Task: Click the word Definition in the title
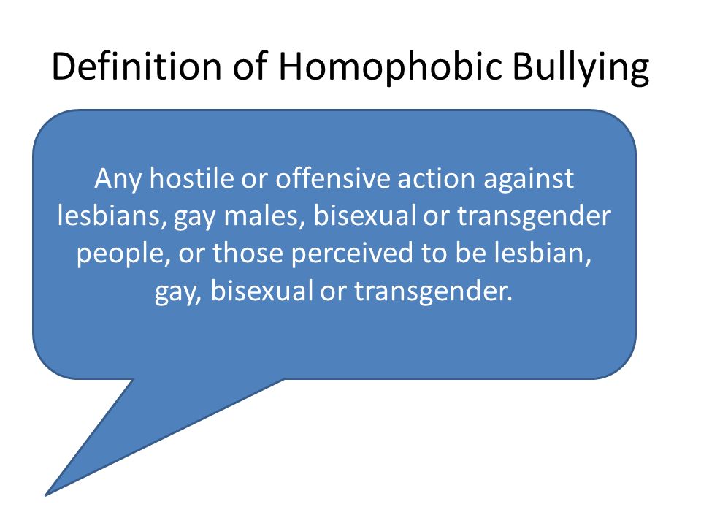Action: [137, 66]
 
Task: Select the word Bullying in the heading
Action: [581, 67]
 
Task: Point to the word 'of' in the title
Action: [250, 66]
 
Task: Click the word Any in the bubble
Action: [118, 180]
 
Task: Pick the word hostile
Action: [192, 178]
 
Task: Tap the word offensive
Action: [333, 178]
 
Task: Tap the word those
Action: [248, 254]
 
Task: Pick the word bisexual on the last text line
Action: [261, 291]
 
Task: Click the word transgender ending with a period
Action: [433, 292]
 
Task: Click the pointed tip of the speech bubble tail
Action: [45, 495]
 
